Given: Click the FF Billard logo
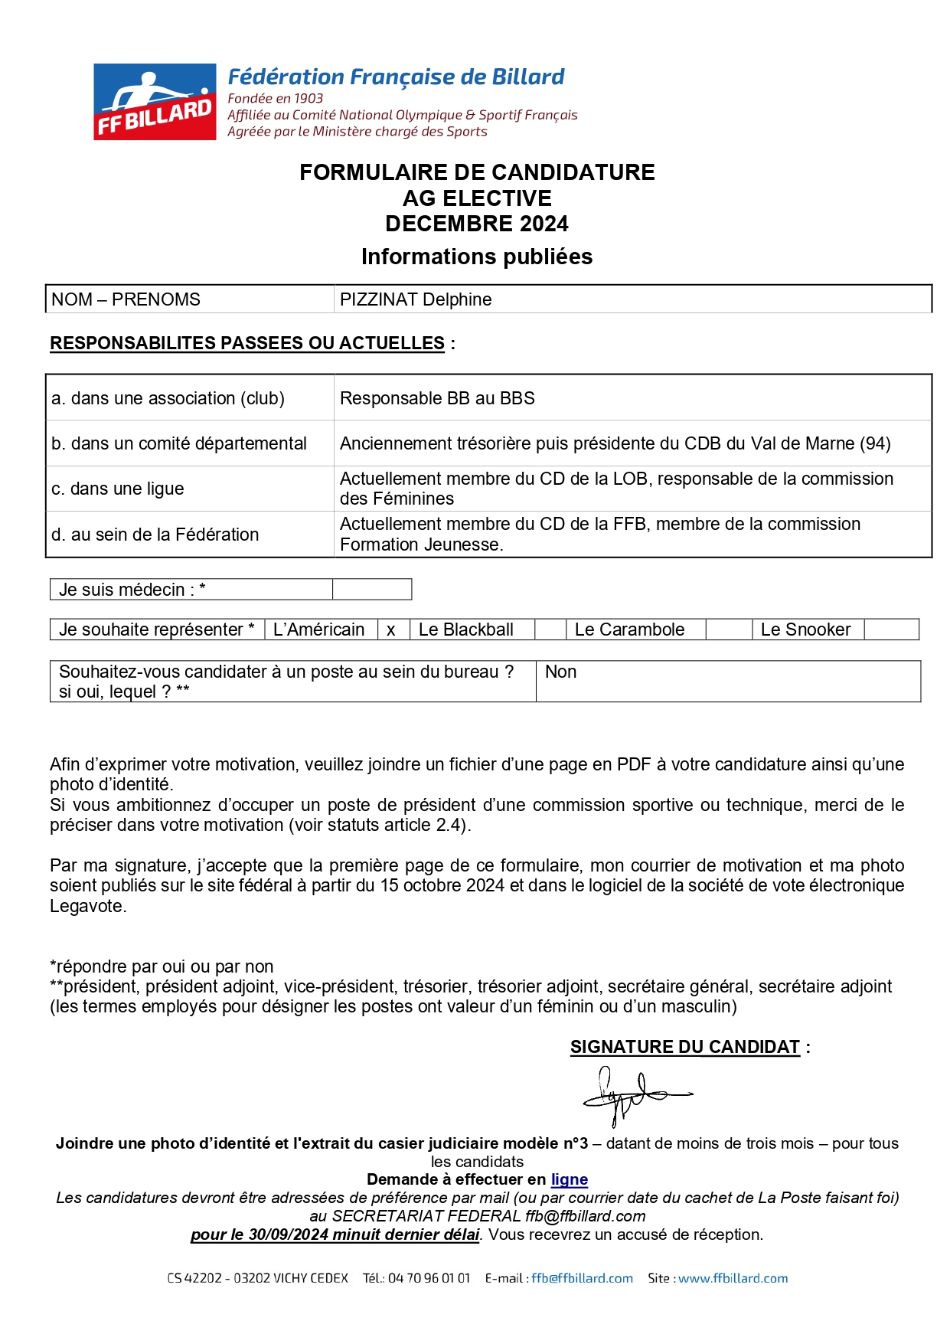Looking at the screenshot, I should (x=155, y=102).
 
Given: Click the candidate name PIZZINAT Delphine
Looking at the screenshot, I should (x=416, y=299).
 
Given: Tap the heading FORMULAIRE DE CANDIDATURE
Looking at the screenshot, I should (x=477, y=172).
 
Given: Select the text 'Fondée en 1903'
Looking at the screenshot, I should (x=276, y=98).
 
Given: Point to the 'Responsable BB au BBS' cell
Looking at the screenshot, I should (x=437, y=398).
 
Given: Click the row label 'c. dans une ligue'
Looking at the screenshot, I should (x=118, y=489).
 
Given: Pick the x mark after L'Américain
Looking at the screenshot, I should (x=391, y=629).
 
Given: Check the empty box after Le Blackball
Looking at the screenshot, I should (x=550, y=629).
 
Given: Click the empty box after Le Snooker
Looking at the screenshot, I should (x=890, y=629).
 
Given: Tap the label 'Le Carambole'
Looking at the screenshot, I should (x=629, y=629).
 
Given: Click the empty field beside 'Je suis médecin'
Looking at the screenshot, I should (x=372, y=590).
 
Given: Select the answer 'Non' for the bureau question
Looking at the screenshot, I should (x=561, y=672).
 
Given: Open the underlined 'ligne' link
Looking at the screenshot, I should (x=569, y=1179).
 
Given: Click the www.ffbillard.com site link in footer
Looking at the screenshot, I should (x=733, y=1278).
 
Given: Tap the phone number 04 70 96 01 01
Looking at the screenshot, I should (x=429, y=1278).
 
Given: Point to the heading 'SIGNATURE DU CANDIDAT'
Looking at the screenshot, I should (x=685, y=1047).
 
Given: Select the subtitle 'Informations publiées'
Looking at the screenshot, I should (x=477, y=257).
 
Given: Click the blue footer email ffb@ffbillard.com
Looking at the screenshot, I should (x=582, y=1278).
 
